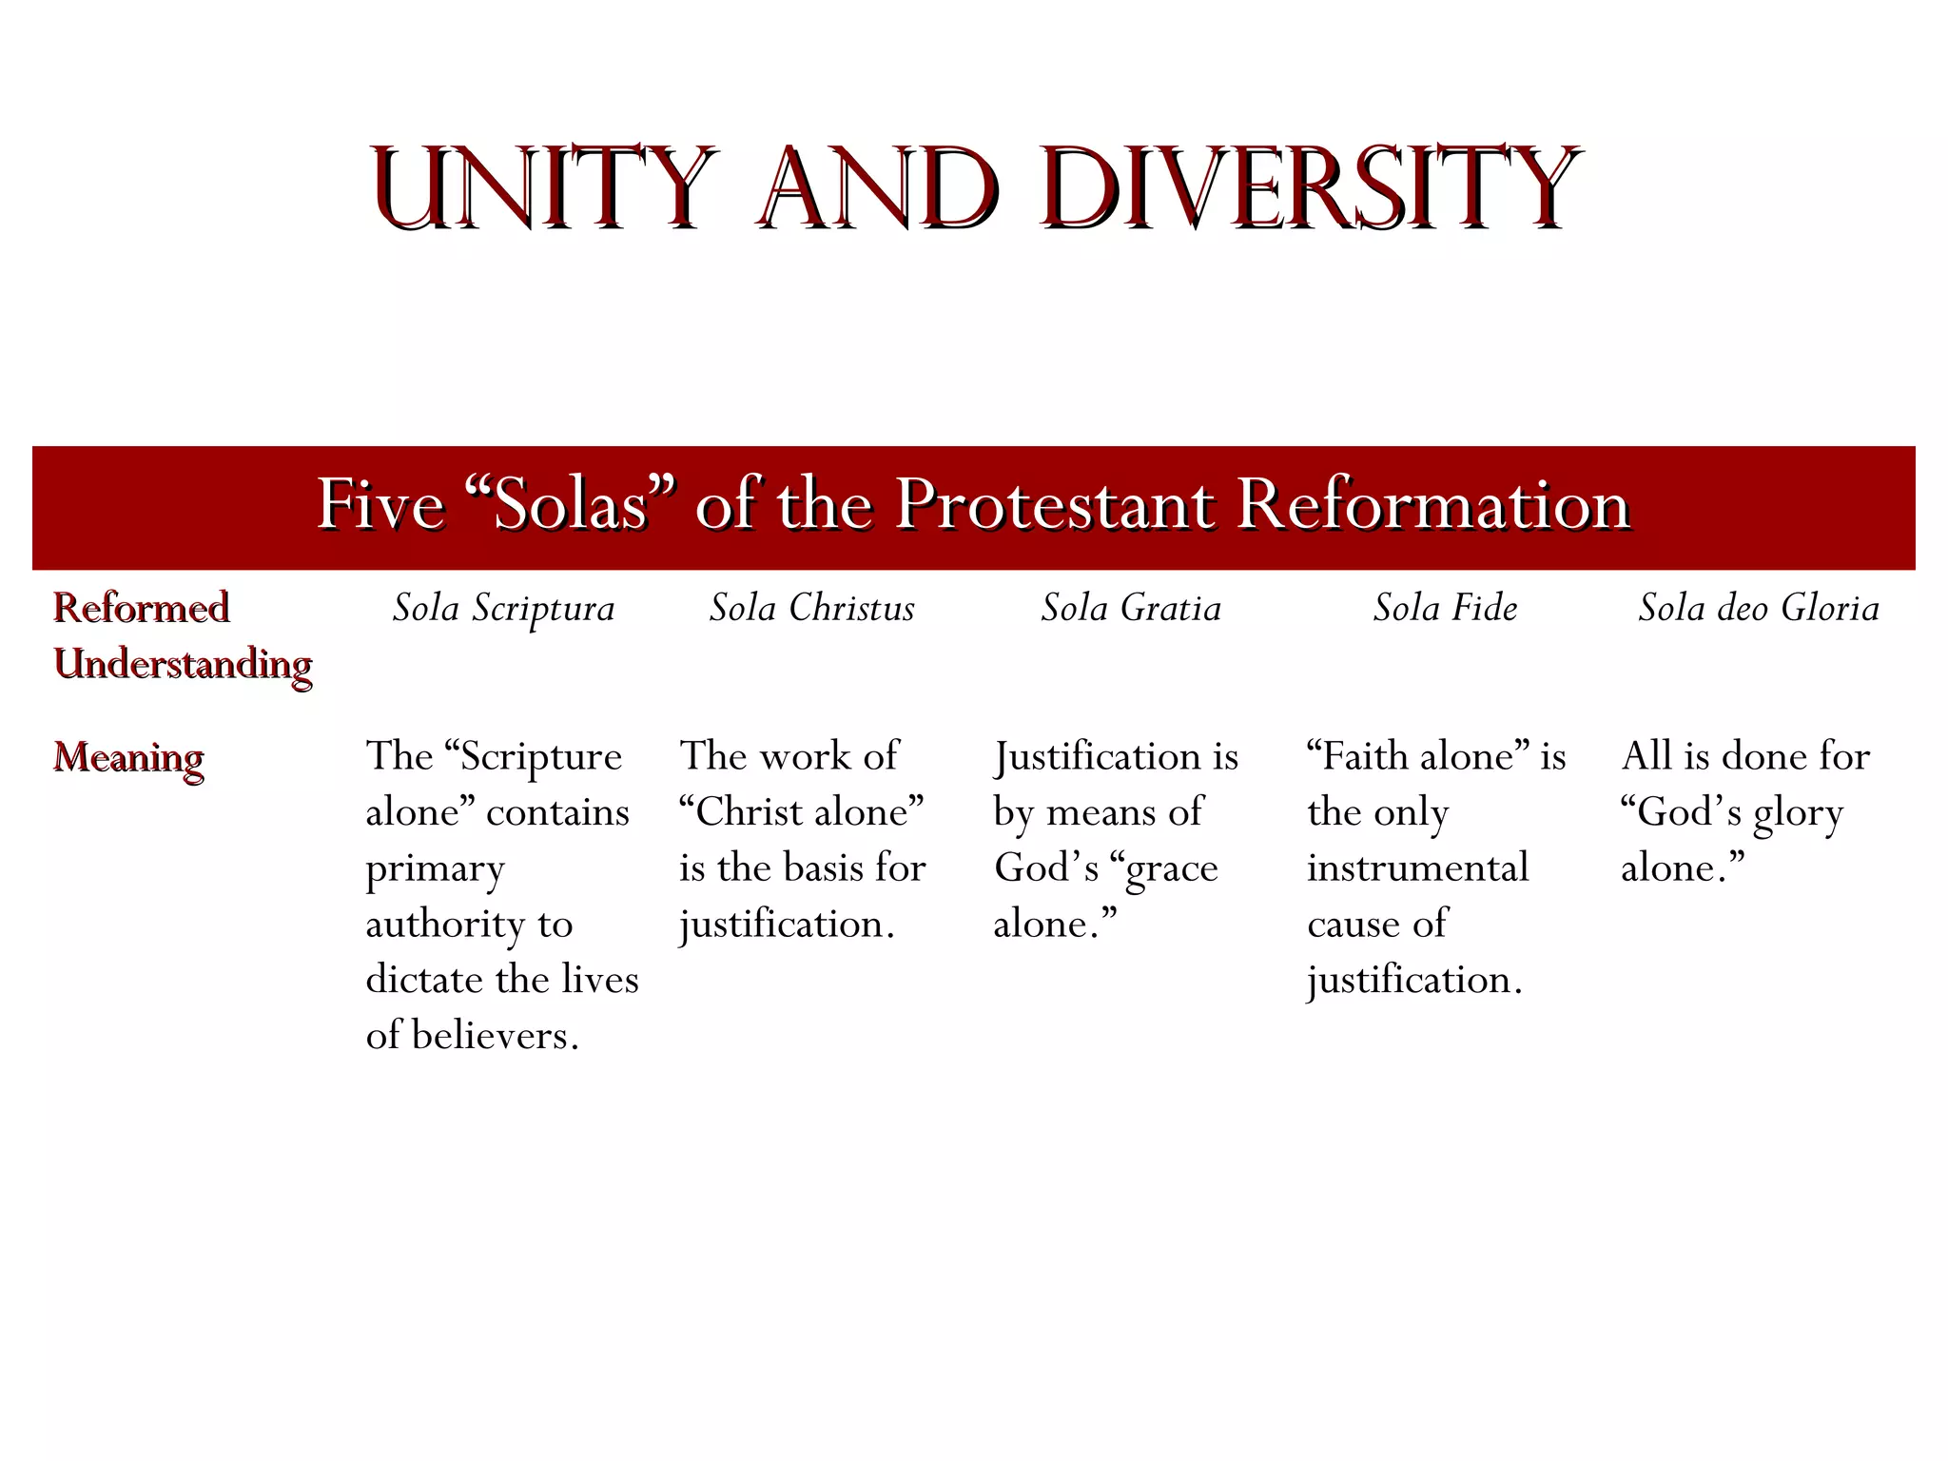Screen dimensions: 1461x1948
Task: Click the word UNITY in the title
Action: pyautogui.click(x=542, y=187)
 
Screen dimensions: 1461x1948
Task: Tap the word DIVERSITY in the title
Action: pyautogui.click(x=1310, y=187)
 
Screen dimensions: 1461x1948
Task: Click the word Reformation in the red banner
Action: pyautogui.click(x=1433, y=504)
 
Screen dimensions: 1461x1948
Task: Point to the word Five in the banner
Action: pyautogui.click(x=380, y=504)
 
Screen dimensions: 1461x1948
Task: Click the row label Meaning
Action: pyautogui.click(x=128, y=758)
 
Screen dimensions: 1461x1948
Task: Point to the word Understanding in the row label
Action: pyautogui.click(x=183, y=664)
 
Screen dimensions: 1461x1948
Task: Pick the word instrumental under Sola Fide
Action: pyautogui.click(x=1417, y=868)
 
